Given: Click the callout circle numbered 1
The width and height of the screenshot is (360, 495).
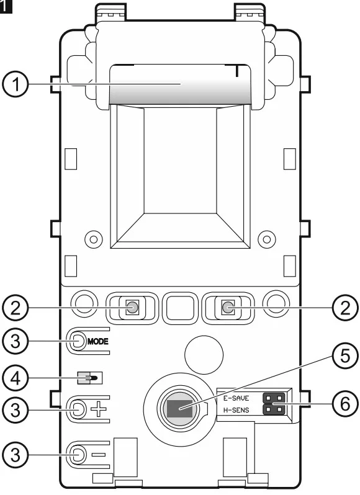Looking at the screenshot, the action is (15, 84).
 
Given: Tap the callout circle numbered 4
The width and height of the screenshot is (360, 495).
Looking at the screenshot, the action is (15, 378).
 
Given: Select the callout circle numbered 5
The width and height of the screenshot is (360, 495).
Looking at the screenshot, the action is (345, 356).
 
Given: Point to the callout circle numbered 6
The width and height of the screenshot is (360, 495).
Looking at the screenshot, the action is (345, 404).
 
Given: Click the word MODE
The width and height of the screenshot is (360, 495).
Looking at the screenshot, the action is (98, 342).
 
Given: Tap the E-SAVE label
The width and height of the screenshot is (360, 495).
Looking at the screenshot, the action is (236, 398).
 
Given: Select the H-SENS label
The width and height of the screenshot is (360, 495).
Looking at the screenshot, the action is (236, 410).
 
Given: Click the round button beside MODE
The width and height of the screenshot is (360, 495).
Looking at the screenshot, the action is (78, 341).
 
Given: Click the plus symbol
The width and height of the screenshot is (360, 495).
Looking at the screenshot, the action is (99, 410).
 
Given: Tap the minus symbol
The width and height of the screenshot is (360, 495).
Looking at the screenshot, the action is (99, 455).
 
